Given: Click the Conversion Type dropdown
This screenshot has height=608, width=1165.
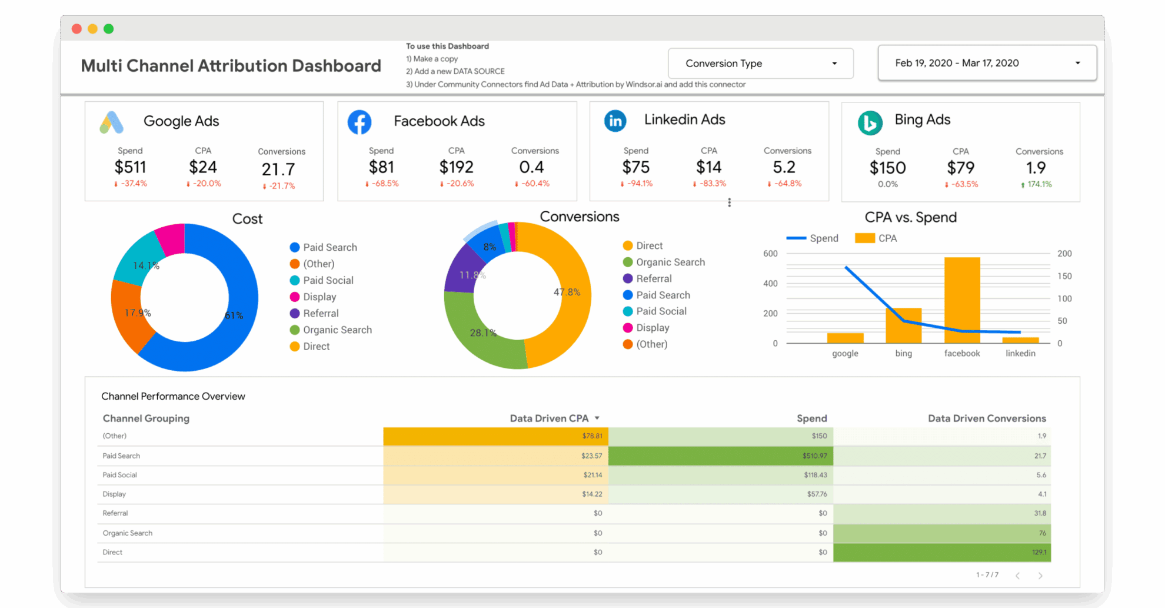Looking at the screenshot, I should pyautogui.click(x=760, y=64).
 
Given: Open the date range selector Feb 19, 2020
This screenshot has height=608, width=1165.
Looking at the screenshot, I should pyautogui.click(x=987, y=63).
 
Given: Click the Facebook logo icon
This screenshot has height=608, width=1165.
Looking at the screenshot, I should pyautogui.click(x=360, y=122).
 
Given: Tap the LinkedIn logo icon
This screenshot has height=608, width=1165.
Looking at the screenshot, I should pyautogui.click(x=615, y=121).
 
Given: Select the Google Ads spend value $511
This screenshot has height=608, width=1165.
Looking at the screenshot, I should pyautogui.click(x=130, y=167).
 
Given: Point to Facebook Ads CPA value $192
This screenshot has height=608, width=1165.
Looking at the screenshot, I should pyautogui.click(x=456, y=167).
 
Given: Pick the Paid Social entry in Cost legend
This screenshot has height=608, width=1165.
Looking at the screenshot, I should pyautogui.click(x=328, y=280).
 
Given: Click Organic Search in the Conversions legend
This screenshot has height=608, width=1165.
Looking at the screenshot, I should pyautogui.click(x=670, y=262).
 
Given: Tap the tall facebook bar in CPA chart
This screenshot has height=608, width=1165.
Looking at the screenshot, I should pyautogui.click(x=962, y=300).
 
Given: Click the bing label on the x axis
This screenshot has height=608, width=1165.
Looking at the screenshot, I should pyautogui.click(x=903, y=353).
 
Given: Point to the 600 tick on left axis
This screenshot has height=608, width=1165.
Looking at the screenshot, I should pyautogui.click(x=770, y=254).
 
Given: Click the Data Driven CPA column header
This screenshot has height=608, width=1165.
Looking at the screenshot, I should pyautogui.click(x=549, y=418).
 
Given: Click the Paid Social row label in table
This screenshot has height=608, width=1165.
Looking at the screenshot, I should pyautogui.click(x=119, y=475).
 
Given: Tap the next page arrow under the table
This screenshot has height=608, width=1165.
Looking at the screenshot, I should pyautogui.click(x=1040, y=576).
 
